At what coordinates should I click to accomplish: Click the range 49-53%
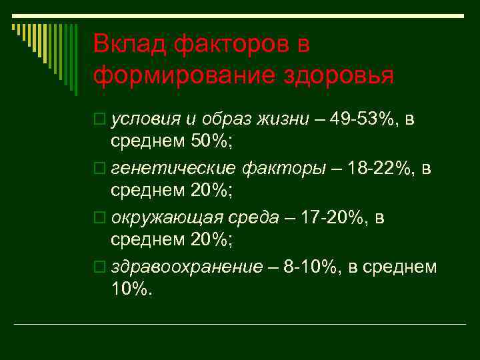[359, 119]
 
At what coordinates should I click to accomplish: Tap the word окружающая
[167, 218]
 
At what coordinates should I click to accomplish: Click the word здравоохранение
[187, 267]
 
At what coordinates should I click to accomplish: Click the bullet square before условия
[99, 120]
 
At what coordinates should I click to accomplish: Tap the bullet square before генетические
[99, 169]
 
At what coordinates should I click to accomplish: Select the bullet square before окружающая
[99, 219]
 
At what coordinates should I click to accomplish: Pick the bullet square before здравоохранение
[99, 268]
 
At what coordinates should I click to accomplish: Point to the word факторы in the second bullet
[293, 169]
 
